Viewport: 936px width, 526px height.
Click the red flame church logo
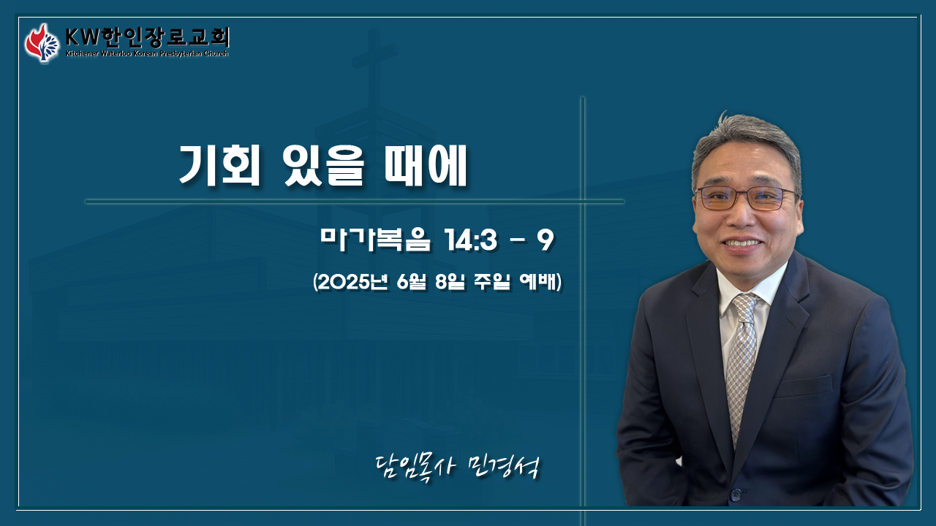point(42,43)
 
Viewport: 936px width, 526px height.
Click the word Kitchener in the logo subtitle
point(83,54)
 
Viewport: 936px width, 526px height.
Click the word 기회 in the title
point(220,165)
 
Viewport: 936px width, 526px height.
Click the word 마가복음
point(375,240)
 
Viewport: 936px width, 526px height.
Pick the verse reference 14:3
point(472,241)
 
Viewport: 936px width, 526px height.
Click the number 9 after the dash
point(546,240)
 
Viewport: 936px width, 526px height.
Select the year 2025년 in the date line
point(352,283)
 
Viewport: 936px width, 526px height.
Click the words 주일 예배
point(516,283)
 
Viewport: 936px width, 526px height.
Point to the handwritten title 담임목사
point(415,467)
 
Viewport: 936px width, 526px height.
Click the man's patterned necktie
point(741,363)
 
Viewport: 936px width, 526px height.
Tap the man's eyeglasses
point(747,198)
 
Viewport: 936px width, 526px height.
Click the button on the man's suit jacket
point(736,495)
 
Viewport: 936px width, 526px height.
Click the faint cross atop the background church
point(374,63)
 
